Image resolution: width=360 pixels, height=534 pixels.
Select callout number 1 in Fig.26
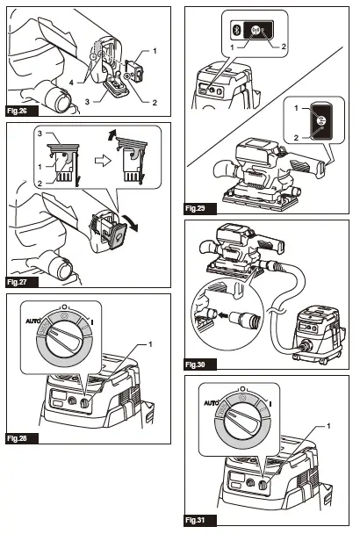coord(155,54)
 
